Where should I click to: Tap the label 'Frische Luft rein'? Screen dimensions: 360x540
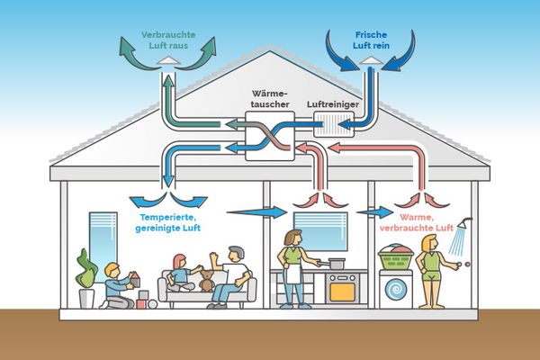pos(370,37)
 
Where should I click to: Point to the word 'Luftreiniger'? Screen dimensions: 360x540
pos(335,104)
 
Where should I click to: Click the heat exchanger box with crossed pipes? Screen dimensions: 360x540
pos(270,138)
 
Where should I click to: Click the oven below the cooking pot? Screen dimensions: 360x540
pos(343,288)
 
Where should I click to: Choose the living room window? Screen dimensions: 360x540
pos(102,232)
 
